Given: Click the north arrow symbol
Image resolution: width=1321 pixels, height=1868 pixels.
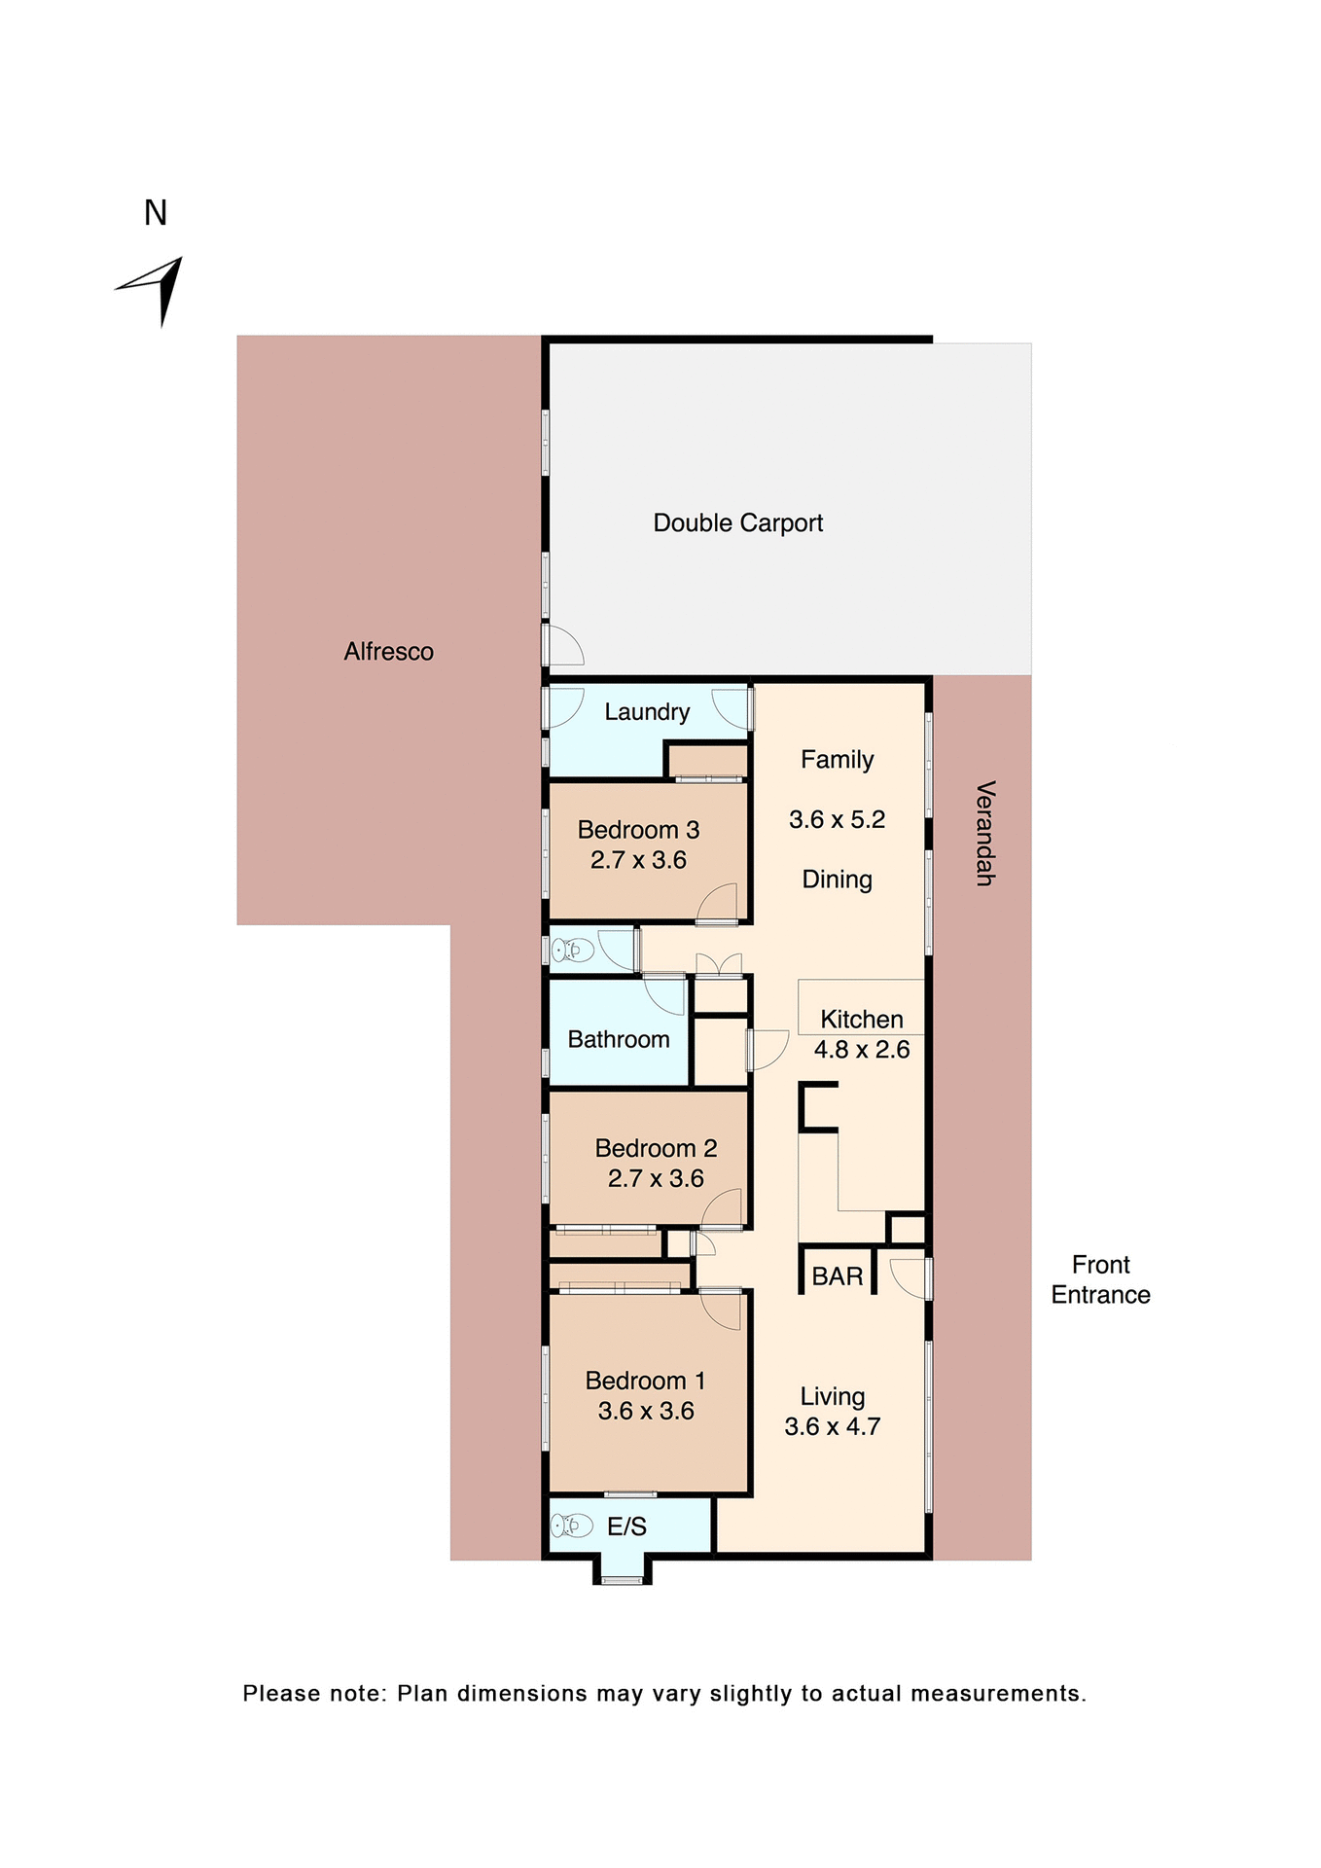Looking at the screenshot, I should (x=156, y=288).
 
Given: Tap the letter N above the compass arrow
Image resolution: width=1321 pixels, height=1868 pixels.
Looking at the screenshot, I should (x=156, y=213).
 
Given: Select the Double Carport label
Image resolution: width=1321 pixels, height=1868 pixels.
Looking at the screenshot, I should (x=737, y=523).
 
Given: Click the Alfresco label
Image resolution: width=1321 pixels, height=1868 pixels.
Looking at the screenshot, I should (x=388, y=652).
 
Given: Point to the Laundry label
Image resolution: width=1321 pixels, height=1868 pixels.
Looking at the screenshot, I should (x=647, y=712).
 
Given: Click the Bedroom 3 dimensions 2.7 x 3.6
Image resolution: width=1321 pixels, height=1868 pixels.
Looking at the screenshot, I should (x=638, y=860).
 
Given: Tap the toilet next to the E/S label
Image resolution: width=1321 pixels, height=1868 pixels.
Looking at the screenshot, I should (x=572, y=1526).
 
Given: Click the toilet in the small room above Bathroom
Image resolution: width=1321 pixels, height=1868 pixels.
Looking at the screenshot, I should (x=573, y=950).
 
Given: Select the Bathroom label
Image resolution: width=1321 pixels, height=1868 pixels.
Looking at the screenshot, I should (x=619, y=1040).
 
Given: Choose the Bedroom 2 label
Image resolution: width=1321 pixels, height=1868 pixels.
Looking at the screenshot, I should (x=656, y=1148).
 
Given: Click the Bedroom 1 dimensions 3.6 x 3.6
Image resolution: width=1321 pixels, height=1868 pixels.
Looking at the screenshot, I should (x=646, y=1411).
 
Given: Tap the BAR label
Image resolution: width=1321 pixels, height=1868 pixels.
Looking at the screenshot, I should (x=838, y=1276).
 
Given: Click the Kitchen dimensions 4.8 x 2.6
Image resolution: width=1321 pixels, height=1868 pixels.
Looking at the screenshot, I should (x=862, y=1050).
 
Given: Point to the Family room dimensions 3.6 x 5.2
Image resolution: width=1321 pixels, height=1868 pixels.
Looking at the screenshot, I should (x=837, y=819).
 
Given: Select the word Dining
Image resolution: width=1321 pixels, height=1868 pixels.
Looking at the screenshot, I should (x=837, y=880).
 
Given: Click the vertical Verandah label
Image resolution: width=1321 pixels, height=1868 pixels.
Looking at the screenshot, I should (x=984, y=833).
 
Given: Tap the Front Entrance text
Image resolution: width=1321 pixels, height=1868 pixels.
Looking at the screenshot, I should (x=1100, y=1279).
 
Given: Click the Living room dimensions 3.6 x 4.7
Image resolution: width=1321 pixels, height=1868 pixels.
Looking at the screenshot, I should (x=832, y=1427).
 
